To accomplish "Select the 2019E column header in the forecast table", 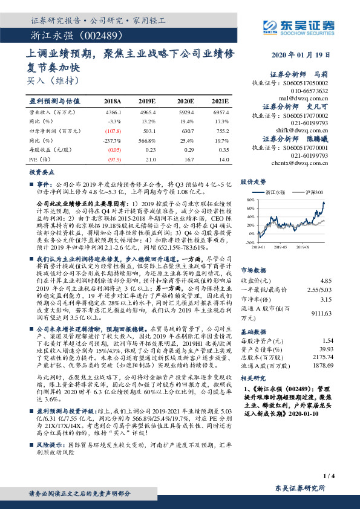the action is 147,101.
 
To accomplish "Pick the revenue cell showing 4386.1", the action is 113,112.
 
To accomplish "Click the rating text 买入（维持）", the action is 53,79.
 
